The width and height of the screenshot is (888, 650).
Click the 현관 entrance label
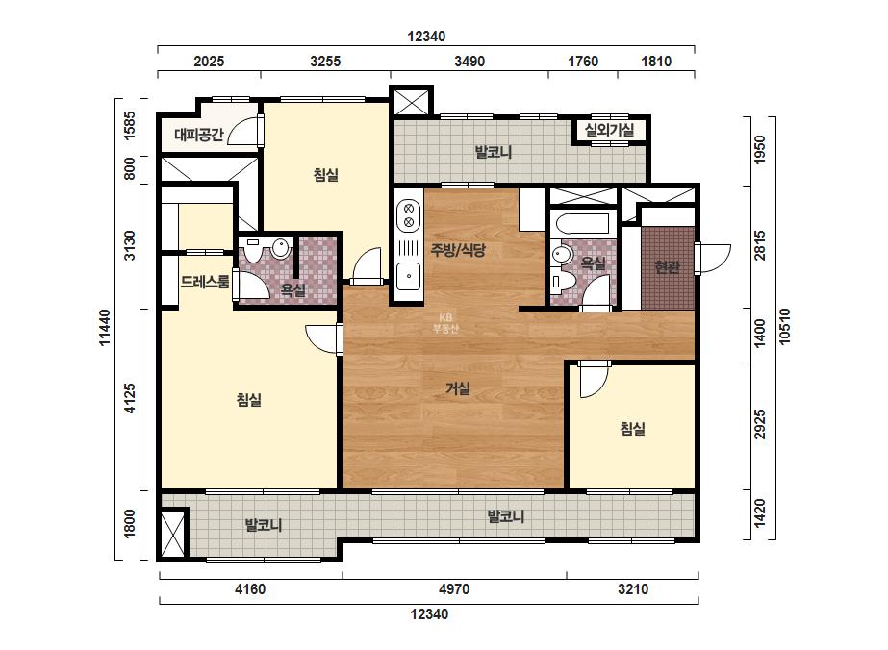click(x=667, y=266)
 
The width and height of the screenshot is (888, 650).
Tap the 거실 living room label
click(x=458, y=388)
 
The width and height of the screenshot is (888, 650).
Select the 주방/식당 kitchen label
click(x=458, y=250)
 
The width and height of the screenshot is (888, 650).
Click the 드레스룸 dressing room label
click(x=205, y=282)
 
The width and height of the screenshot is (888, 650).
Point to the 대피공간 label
click(x=199, y=135)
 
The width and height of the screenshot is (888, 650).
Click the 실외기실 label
click(x=609, y=130)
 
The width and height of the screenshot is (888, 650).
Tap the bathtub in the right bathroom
click(x=582, y=223)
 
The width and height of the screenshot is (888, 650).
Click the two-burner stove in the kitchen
click(x=408, y=215)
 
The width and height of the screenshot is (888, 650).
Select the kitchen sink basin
click(x=408, y=276)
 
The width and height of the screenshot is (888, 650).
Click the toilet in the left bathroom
click(x=253, y=250)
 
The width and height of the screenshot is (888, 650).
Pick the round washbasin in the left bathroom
click(x=280, y=247)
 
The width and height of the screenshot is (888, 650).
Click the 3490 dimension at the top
click(x=469, y=62)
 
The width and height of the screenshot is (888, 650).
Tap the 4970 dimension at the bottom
click(x=454, y=589)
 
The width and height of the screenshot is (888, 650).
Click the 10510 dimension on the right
click(x=784, y=326)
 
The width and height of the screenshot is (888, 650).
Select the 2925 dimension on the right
click(x=760, y=424)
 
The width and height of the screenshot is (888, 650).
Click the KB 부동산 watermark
click(x=445, y=323)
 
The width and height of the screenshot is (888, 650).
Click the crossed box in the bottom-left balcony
click(x=173, y=534)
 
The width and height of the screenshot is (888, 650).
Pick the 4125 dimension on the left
click(x=130, y=398)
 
